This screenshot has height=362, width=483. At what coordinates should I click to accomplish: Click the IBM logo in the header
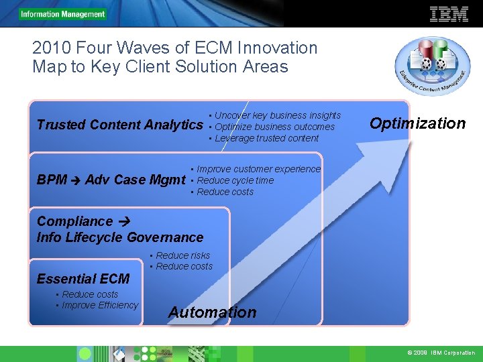[449, 13]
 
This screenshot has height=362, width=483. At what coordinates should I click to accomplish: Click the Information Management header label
[62, 14]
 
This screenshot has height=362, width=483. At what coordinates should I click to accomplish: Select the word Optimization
[418, 123]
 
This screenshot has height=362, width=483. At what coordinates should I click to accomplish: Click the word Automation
[212, 312]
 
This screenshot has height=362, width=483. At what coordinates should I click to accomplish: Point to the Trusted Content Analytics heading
[119, 125]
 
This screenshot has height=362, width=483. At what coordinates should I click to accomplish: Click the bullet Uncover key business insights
[277, 115]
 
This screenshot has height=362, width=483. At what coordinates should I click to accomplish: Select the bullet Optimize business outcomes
[274, 127]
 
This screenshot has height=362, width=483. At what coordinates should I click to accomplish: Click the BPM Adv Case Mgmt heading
[111, 180]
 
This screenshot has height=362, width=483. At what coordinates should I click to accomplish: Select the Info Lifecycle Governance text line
[120, 237]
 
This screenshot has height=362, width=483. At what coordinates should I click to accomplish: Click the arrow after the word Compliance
[122, 221]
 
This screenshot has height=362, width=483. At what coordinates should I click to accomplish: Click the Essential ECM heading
[83, 279]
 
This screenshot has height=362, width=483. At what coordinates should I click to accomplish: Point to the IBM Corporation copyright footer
[440, 353]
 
